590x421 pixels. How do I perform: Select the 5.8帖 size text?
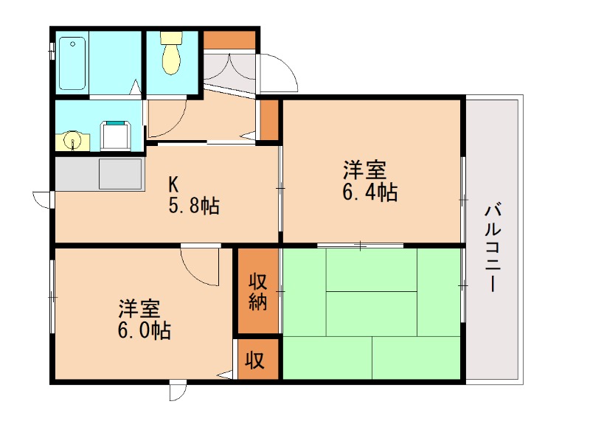point(194,206)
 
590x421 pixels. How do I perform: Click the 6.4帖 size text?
point(369,193)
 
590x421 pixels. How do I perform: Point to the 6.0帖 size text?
point(145,330)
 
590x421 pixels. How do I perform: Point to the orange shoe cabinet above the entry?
point(229,40)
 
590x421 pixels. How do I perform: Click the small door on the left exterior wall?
point(43,199)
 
